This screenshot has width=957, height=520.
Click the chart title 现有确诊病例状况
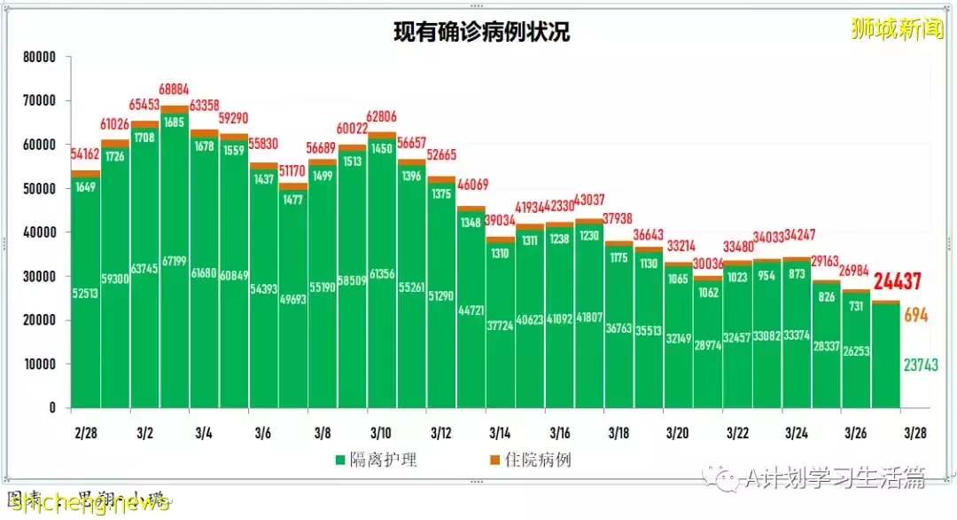[481, 32]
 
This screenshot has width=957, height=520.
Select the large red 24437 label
[904, 282]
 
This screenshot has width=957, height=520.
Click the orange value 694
[916, 316]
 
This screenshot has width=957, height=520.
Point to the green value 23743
[920, 364]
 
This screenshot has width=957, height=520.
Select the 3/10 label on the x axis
[381, 433]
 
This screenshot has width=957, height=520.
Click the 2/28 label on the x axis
[86, 433]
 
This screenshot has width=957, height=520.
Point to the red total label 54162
[87, 154]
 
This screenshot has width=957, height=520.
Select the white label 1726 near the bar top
[116, 156]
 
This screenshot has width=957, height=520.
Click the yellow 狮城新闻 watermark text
[896, 29]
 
